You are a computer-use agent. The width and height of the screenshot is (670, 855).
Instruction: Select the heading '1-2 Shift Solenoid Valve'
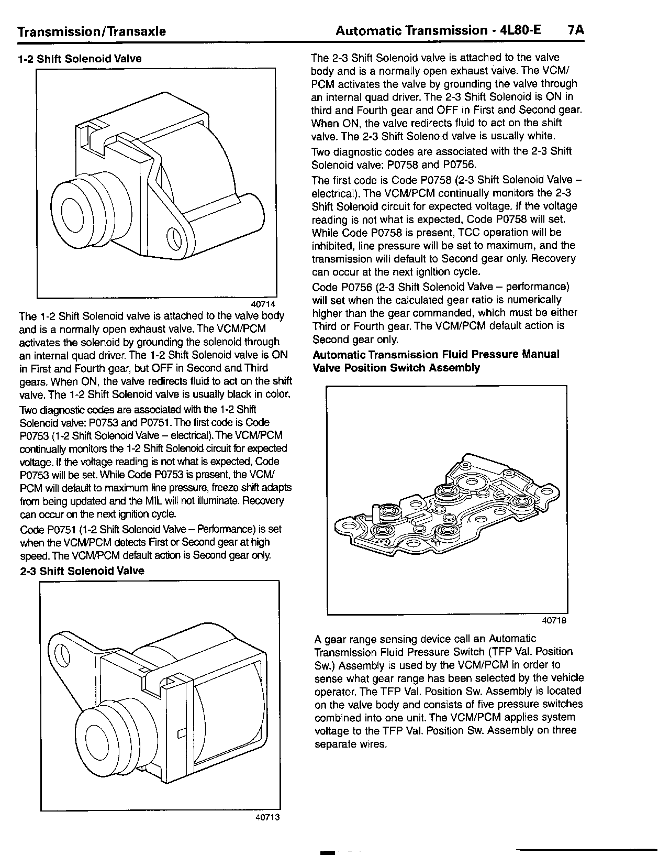pos(80,59)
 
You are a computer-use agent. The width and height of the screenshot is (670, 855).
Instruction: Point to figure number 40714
pos(263,304)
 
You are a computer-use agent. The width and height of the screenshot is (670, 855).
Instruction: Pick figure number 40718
pos(554,620)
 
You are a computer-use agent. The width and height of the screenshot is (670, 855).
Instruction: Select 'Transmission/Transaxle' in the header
pos(92,31)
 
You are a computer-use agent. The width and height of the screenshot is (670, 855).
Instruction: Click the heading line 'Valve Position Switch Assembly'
pos(396,368)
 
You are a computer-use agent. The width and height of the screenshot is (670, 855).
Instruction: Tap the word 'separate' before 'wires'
pos(335,744)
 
